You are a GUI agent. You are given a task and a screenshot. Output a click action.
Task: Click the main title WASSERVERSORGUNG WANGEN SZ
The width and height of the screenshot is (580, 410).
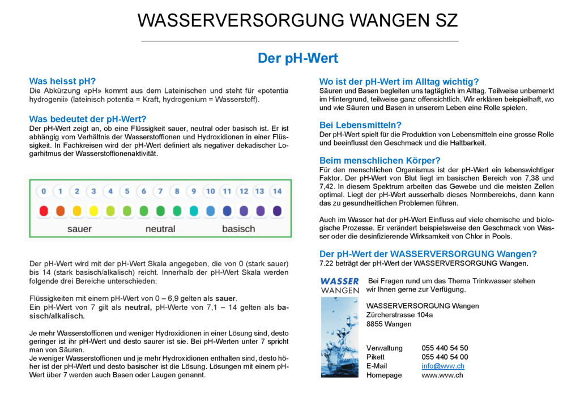(297, 20)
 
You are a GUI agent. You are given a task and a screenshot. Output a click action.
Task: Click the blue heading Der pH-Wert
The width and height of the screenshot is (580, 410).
(297, 58)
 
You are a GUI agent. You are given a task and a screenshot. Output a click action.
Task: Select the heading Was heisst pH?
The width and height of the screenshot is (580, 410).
(62, 81)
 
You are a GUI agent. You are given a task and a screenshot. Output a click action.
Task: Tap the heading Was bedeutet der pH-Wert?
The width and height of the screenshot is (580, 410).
(88, 119)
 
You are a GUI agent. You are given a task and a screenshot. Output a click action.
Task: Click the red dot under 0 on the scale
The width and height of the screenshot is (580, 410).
(44, 211)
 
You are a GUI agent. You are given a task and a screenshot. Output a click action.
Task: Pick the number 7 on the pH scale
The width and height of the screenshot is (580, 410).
(160, 191)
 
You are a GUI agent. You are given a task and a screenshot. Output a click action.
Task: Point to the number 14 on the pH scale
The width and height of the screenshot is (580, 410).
(277, 191)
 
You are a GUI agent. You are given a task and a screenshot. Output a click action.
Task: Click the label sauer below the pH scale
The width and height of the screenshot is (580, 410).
(79, 229)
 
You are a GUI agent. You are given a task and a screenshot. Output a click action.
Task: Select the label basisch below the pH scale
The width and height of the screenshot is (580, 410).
(238, 229)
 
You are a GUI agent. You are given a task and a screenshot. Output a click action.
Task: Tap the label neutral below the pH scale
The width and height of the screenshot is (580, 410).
(160, 229)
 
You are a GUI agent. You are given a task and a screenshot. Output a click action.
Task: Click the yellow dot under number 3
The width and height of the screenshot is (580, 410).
(93, 211)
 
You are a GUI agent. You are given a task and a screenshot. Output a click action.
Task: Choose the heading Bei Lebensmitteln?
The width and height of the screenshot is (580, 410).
(360, 125)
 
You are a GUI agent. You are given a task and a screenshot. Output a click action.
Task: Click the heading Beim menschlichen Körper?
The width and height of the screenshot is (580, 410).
(379, 160)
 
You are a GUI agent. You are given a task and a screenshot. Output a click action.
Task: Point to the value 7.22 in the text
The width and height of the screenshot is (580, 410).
(327, 263)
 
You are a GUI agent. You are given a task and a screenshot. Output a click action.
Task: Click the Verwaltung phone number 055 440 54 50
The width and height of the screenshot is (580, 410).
(445, 348)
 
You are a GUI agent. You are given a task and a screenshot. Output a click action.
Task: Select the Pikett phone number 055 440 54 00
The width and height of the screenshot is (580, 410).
(445, 357)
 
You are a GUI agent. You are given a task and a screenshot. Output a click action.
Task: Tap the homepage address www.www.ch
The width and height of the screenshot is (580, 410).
(442, 375)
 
